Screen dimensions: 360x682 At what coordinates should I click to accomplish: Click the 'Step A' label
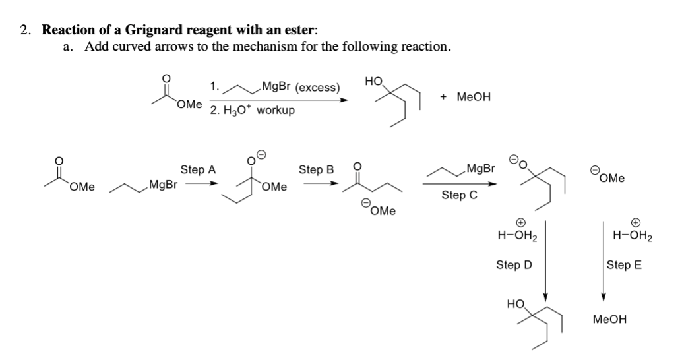(199, 169)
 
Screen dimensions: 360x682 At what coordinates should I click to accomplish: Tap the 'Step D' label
(513, 265)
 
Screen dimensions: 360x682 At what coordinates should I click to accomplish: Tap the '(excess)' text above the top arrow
(317, 87)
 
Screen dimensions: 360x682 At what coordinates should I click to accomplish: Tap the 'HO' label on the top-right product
(373, 81)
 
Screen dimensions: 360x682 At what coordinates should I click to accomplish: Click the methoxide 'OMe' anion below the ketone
(379, 211)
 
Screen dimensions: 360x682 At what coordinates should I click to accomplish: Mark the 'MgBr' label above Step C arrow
(480, 169)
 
